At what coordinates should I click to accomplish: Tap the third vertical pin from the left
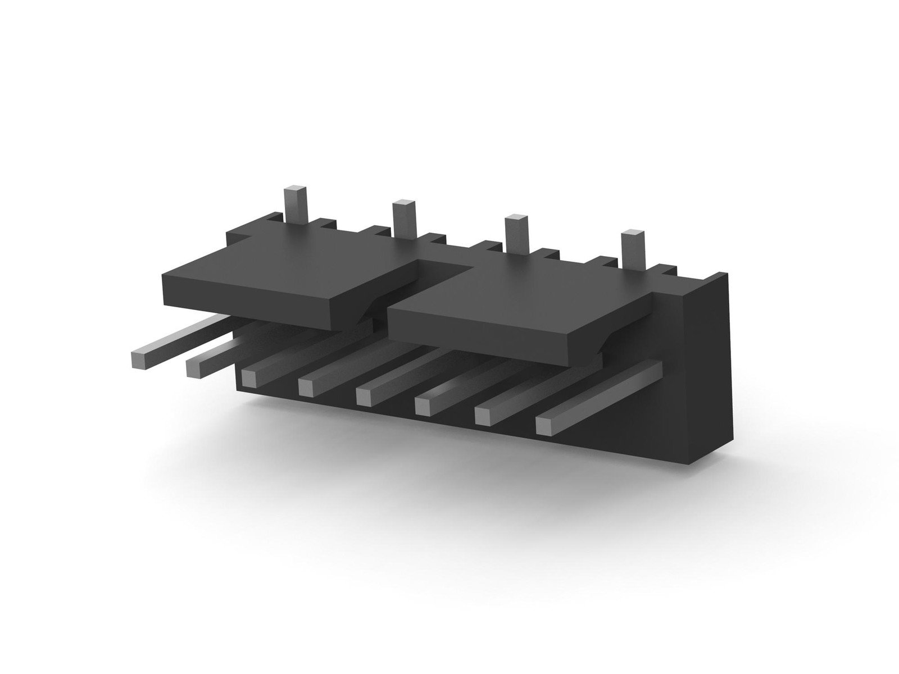(x=516, y=233)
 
